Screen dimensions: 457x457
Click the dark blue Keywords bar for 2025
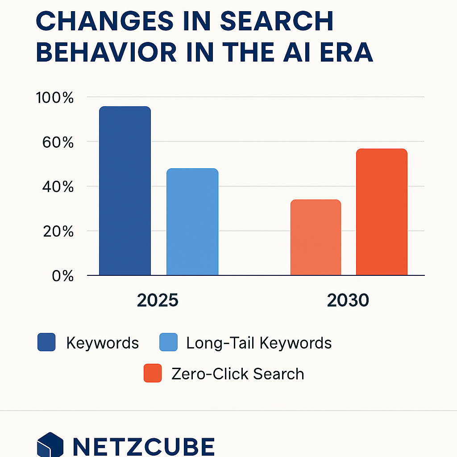coord(125,191)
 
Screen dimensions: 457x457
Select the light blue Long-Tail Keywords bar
coord(192,222)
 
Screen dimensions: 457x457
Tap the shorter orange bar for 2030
coord(316,237)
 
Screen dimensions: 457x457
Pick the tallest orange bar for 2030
coord(382,212)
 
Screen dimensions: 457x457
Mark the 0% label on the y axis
coord(62,276)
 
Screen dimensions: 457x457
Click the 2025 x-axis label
coord(158,301)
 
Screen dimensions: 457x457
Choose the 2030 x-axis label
coord(348,301)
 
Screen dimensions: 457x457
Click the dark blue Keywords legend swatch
coord(46,342)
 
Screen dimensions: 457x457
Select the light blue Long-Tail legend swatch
coord(168,342)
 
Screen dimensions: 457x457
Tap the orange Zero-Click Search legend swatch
coord(152,373)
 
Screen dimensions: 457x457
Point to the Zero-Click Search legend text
coord(237,374)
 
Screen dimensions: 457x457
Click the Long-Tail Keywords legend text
coord(259,343)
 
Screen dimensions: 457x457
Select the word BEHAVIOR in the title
coord(103,53)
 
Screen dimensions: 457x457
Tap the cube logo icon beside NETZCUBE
coord(48,445)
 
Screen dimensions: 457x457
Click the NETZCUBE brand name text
coord(143,446)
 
